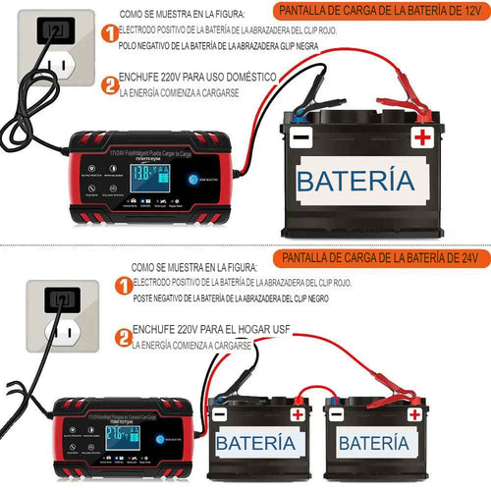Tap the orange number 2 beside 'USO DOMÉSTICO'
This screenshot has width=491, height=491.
coord(109,84)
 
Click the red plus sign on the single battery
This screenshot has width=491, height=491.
coord(422,136)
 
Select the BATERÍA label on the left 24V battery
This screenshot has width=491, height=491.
coord(254,444)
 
